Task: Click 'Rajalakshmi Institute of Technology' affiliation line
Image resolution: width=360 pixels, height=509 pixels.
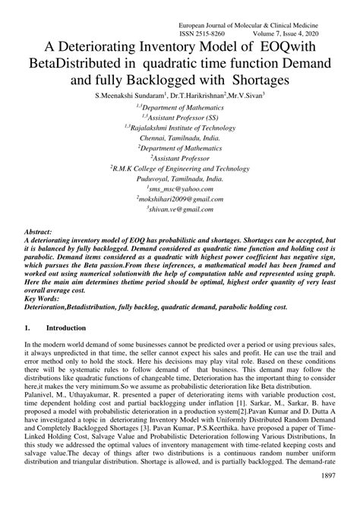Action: pyautogui.click(x=179, y=128)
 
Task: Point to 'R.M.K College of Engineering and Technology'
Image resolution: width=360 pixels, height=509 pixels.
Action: pyautogui.click(x=179, y=165)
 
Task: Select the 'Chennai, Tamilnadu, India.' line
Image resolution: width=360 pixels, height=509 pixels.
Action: pyautogui.click(x=180, y=139)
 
